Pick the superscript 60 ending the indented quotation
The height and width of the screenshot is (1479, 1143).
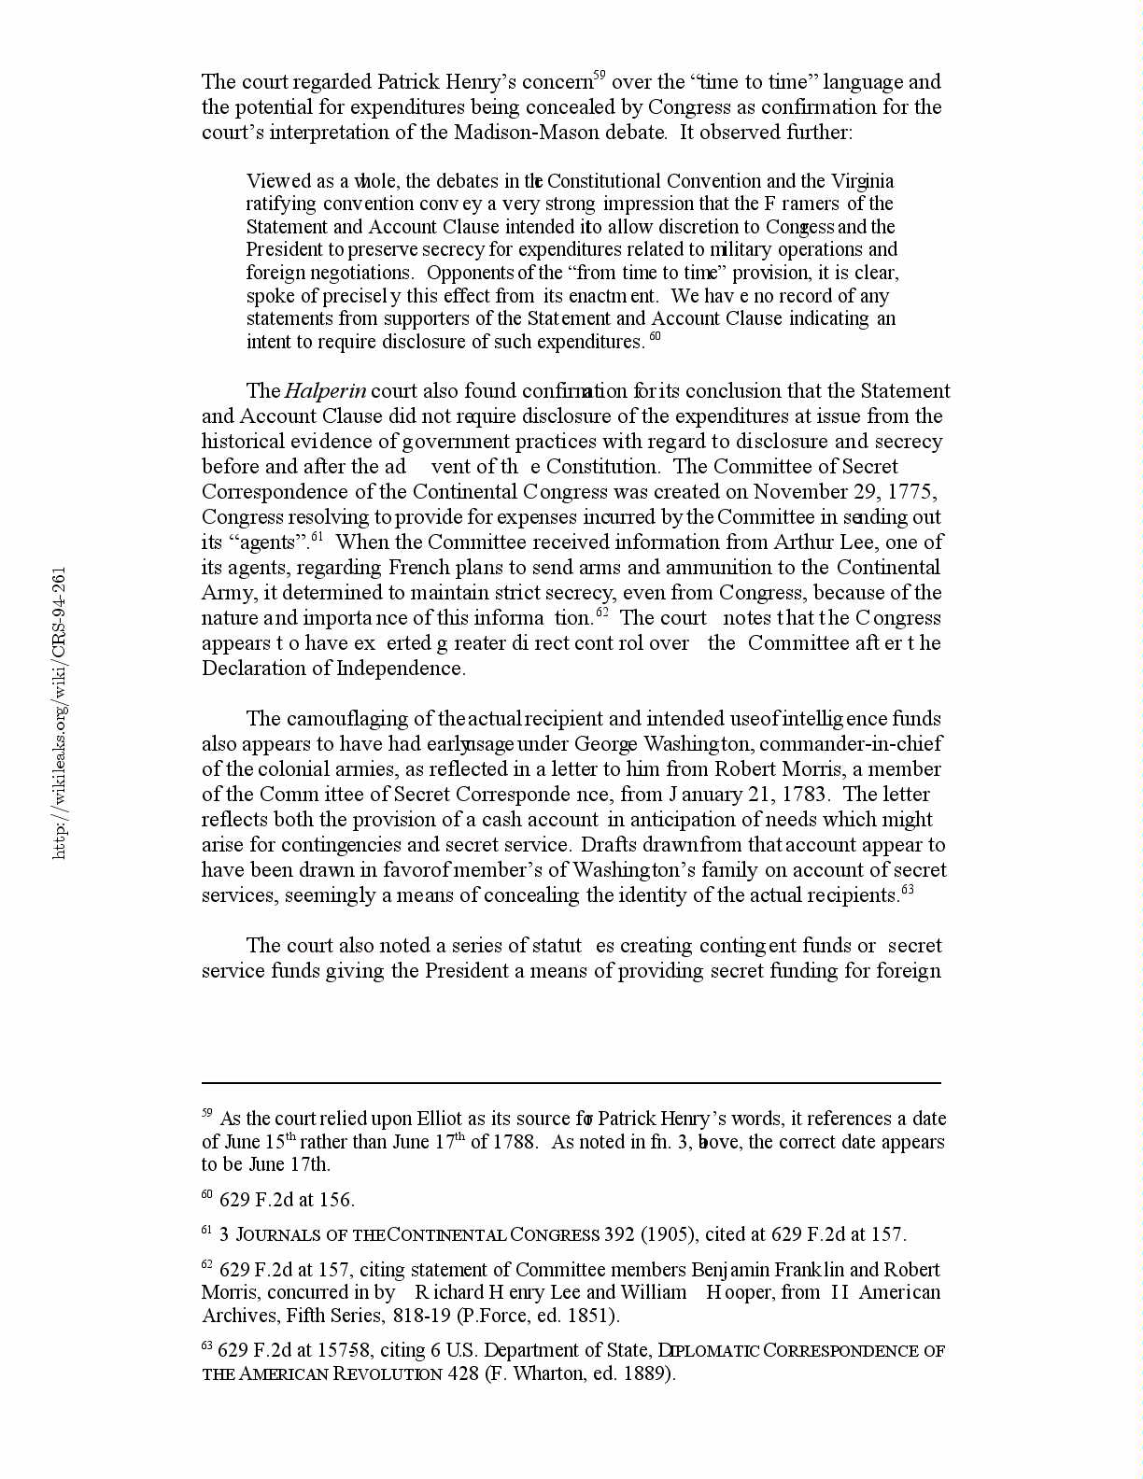655,336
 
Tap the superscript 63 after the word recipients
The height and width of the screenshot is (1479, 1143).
907,890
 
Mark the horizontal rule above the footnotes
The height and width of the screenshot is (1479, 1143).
571,1084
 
